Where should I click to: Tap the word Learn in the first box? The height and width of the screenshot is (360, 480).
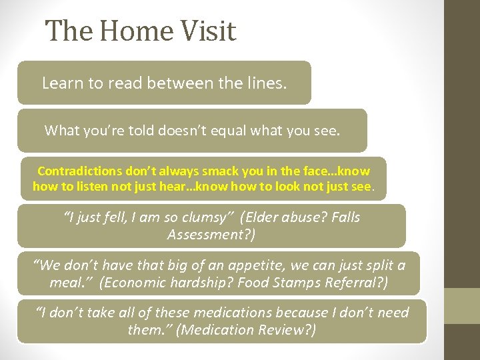(x=61, y=83)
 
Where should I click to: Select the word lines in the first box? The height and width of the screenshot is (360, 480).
(x=266, y=83)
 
